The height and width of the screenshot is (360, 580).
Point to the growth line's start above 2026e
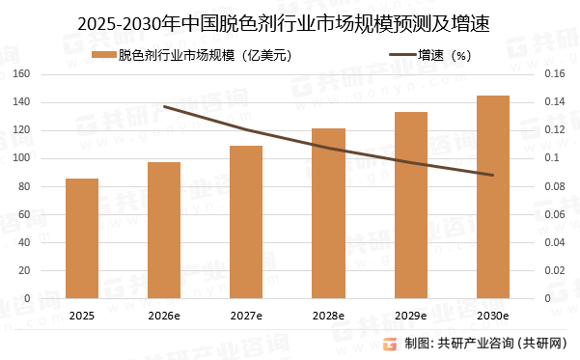pos(164,106)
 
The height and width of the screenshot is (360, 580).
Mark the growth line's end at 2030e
pos(493,175)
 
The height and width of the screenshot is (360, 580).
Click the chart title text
pos(290,22)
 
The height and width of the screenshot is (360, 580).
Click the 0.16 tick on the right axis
pos(559,74)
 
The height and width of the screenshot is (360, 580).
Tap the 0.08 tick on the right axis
pos(559,186)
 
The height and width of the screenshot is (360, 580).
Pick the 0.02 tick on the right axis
pos(559,270)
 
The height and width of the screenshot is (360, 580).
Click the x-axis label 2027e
pos(246,315)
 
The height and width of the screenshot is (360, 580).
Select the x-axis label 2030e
pos(493,315)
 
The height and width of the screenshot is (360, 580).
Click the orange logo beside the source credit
pos(391,343)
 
